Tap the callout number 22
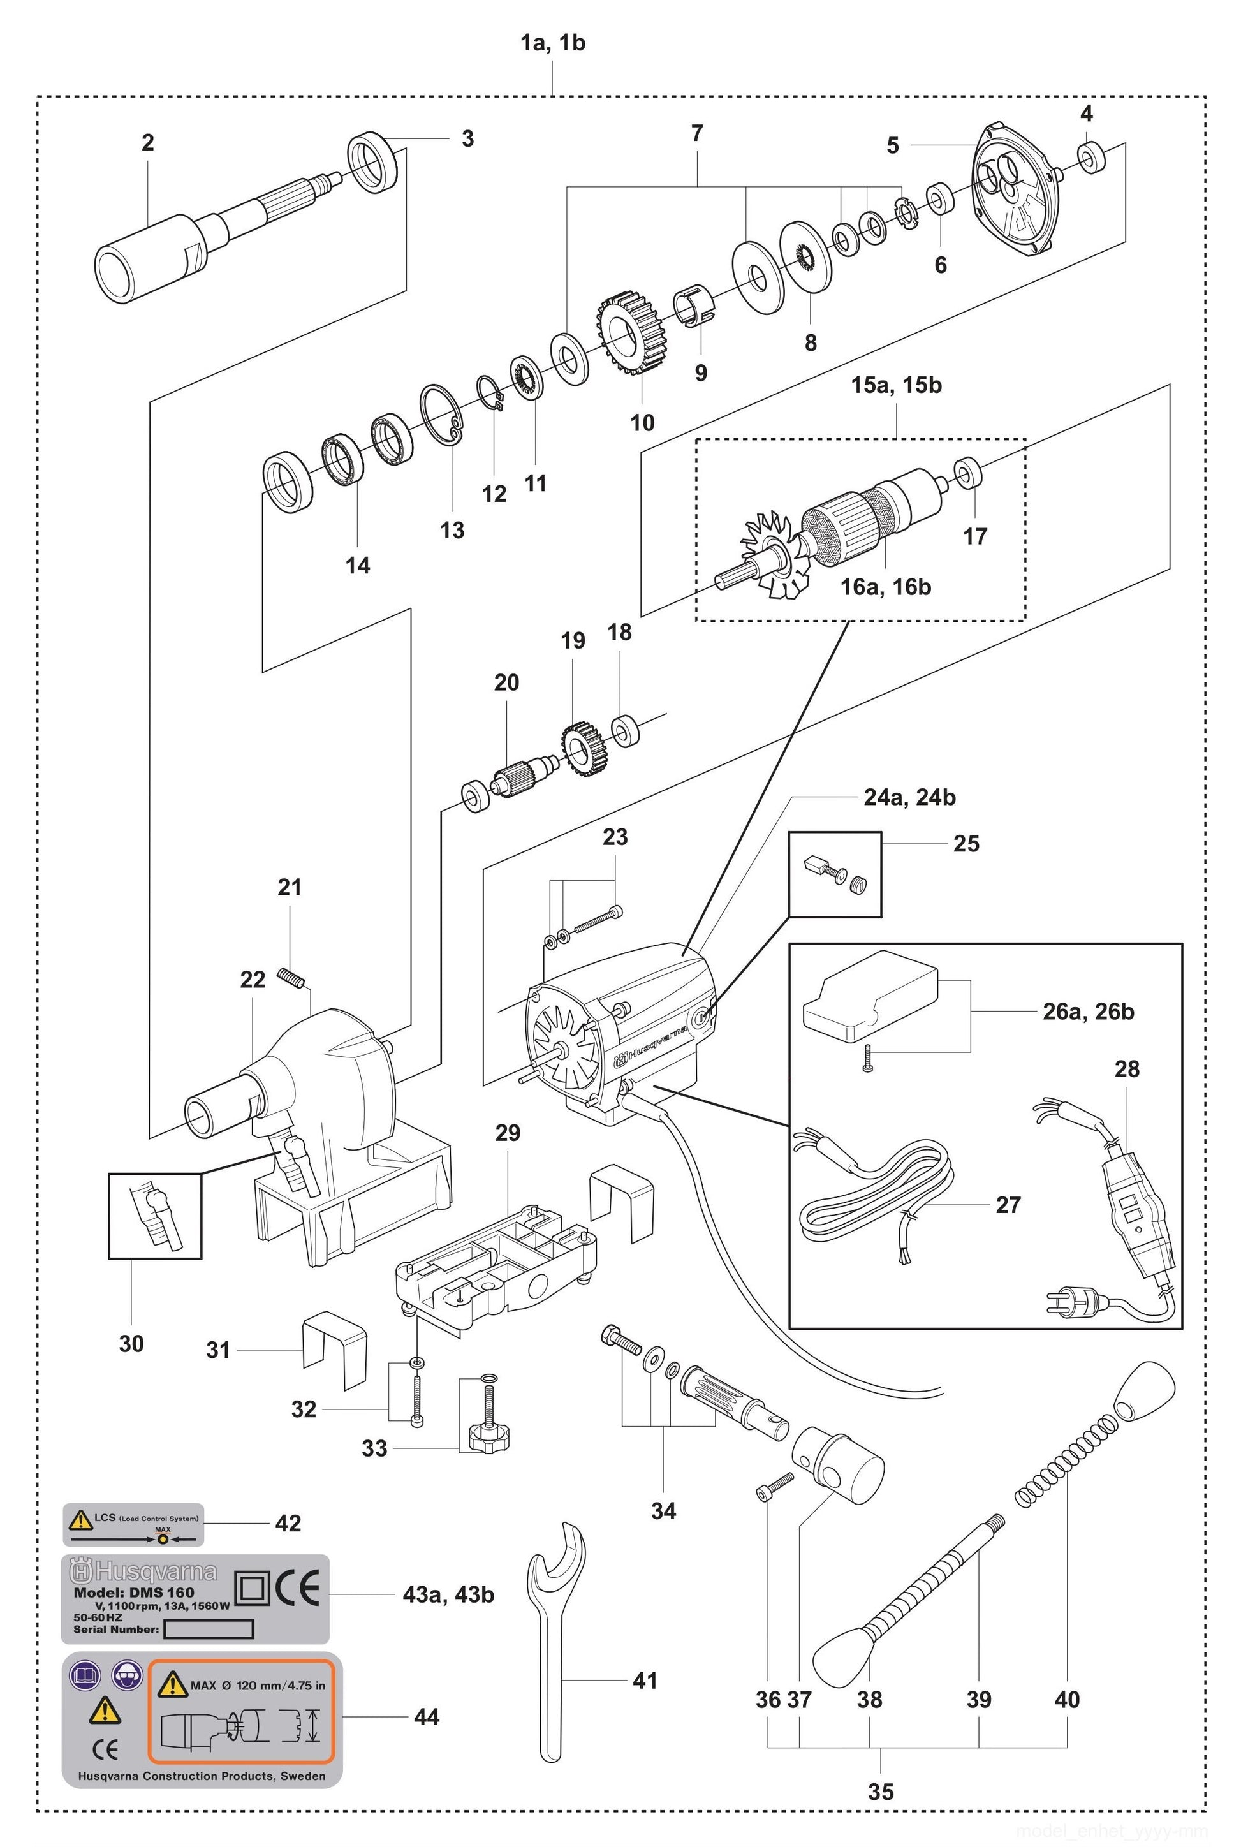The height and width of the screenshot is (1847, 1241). point(253,980)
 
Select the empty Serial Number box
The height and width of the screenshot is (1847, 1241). point(208,1630)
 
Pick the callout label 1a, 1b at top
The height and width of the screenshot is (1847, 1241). point(552,43)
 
